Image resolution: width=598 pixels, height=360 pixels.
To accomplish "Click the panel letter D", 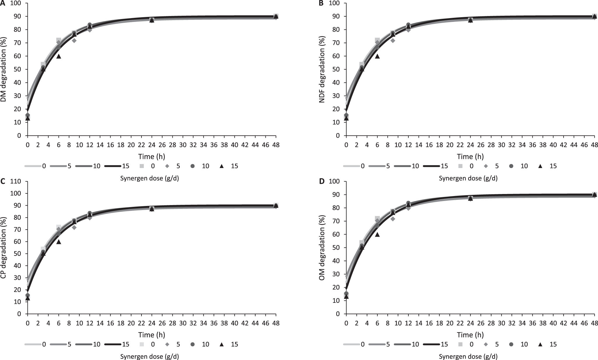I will (322, 181).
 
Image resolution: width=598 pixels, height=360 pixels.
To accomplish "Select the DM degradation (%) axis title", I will (4, 69).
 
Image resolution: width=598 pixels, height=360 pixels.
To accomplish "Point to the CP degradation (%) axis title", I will (4, 247).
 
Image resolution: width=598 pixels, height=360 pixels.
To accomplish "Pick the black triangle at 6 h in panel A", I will (59, 56).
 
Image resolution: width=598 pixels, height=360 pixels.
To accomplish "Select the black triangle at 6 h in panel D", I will (377, 234).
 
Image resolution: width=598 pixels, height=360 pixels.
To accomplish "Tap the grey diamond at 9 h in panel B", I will (393, 41).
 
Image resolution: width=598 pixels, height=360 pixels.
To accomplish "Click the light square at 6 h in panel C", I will (59, 227).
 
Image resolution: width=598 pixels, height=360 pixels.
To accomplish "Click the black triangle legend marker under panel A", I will (222, 166).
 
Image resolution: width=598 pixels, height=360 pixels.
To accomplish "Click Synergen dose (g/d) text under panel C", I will (149, 356).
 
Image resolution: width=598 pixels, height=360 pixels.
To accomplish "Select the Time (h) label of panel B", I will (470, 156).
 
